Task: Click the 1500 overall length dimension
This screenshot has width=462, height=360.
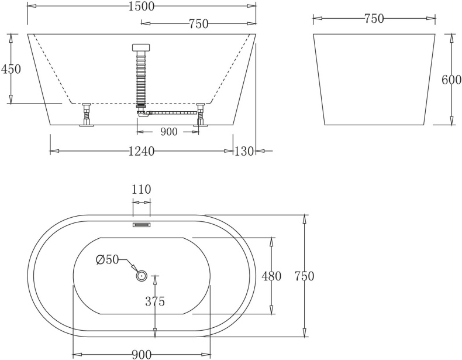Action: coord(140,6)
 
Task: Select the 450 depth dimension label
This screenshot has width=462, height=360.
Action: coord(11,69)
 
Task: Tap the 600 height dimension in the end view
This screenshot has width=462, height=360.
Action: coord(451,80)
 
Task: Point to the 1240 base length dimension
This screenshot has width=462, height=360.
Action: coord(141,152)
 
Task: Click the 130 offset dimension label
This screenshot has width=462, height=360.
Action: coord(244,152)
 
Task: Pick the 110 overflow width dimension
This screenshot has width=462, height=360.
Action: coord(142,190)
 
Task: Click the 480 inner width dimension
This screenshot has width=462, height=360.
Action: coord(272,276)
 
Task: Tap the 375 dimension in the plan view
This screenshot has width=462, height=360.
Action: coord(154,302)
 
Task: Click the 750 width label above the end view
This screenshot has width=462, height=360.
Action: coord(374,19)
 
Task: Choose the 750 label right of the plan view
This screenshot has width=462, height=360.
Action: coord(304,276)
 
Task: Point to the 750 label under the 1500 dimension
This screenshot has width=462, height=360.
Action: coord(199,23)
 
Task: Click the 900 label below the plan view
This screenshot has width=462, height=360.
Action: coord(141,354)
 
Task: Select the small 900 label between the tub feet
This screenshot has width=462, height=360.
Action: coord(168,132)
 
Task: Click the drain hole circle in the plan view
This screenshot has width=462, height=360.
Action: coord(141,275)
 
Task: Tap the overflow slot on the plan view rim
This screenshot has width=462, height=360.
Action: coord(142,224)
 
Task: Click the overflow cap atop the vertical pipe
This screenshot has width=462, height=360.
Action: coord(141,47)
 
